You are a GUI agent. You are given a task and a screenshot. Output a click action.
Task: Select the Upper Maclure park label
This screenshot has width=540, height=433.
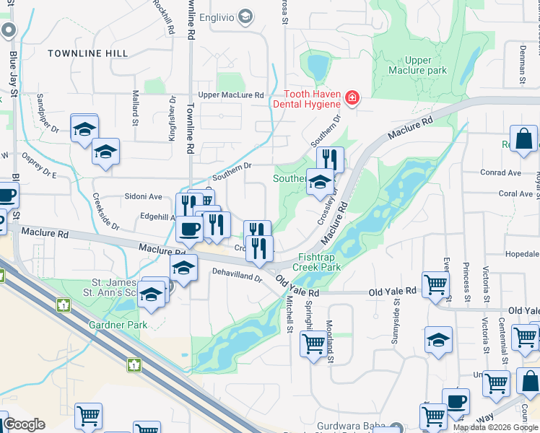(x=417, y=66)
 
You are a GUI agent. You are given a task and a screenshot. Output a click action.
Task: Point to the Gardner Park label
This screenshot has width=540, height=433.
(x=118, y=325)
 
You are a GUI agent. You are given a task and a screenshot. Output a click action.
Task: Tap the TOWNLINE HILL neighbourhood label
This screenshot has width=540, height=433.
(x=87, y=53)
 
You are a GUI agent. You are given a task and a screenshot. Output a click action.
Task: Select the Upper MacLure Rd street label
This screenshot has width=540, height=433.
(x=231, y=95)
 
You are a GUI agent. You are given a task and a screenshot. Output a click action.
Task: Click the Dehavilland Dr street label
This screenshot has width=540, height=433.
(x=236, y=276)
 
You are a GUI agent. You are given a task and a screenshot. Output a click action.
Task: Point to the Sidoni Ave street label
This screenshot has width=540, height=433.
(x=144, y=196)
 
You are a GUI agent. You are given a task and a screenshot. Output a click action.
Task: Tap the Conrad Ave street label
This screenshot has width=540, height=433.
(x=500, y=173)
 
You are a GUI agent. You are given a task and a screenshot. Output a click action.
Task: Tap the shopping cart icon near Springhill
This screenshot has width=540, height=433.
(x=313, y=344)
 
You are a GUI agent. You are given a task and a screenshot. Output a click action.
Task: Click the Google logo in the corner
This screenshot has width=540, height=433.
(x=24, y=424)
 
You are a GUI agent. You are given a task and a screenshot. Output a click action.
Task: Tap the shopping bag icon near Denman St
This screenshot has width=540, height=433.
(x=523, y=138)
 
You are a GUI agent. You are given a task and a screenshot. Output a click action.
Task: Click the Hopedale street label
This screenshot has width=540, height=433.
(x=522, y=255)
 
